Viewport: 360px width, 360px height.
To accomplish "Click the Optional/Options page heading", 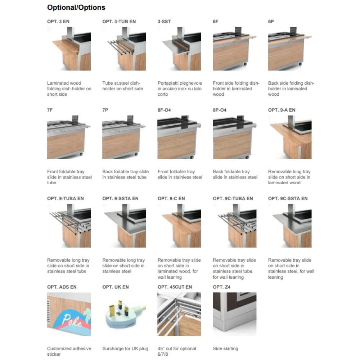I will pyautogui.click(x=76, y=8).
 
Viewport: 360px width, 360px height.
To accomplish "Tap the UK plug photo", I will pyautogui.click(x=124, y=314).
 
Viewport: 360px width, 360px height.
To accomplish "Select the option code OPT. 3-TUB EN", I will pyautogui.click(x=119, y=22).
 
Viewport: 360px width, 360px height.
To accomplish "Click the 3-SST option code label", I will pyautogui.click(x=164, y=22).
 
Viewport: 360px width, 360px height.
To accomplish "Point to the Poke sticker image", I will pyautogui.click(x=69, y=314).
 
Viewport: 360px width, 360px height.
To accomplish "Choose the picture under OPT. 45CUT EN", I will pyautogui.click(x=179, y=314).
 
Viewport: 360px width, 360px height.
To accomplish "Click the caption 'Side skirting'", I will pyautogui.click(x=225, y=348).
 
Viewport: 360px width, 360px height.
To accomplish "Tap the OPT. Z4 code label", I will pyautogui.click(x=221, y=287).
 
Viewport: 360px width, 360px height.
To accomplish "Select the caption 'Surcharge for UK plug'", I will pyautogui.click(x=125, y=348).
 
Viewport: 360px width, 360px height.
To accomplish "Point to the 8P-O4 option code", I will pyautogui.click(x=220, y=110).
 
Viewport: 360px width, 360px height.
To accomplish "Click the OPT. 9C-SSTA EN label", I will pyautogui.click(x=288, y=198).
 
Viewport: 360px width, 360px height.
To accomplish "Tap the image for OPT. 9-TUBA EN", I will pyautogui.click(x=69, y=226).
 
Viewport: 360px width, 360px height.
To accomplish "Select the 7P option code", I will pyautogui.click(x=105, y=110).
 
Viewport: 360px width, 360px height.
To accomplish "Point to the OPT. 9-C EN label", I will pyautogui.click(x=171, y=198).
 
